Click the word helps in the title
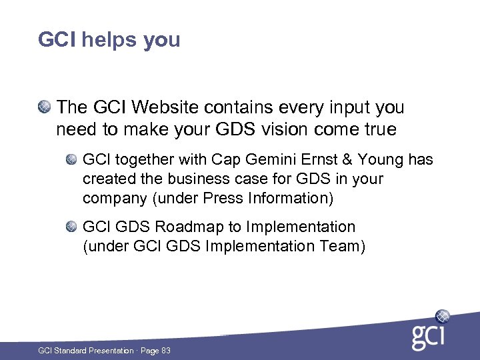(x=108, y=40)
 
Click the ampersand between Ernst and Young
(x=348, y=160)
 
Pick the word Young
(x=381, y=160)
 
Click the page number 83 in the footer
(x=165, y=350)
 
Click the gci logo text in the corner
(x=427, y=337)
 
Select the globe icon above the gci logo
(x=442, y=316)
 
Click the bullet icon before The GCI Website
(x=44, y=107)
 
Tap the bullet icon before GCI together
(x=71, y=160)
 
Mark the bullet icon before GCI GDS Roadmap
(x=71, y=227)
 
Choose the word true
(x=379, y=129)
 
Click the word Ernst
(x=319, y=160)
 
